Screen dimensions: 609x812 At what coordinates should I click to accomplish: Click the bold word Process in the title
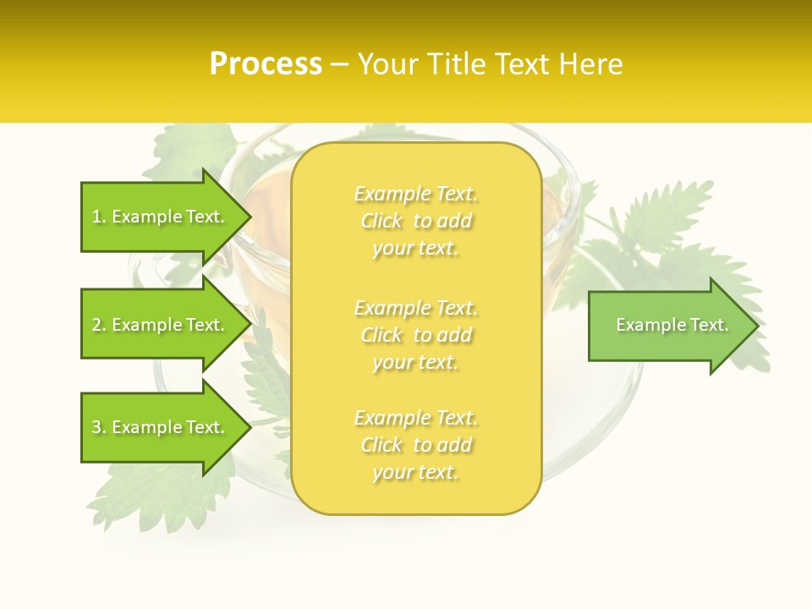click(x=266, y=64)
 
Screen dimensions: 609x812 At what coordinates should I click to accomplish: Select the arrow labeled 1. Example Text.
click(x=158, y=217)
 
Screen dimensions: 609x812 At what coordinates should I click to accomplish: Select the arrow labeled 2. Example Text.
click(x=158, y=325)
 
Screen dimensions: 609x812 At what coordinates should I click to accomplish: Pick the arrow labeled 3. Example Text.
click(x=158, y=427)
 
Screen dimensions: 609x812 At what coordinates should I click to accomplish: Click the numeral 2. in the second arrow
click(x=99, y=325)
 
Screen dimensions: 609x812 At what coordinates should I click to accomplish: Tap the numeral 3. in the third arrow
click(x=99, y=427)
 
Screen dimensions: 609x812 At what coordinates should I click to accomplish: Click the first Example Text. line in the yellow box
click(x=416, y=195)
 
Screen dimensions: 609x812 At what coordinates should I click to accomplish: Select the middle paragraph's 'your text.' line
click(x=415, y=362)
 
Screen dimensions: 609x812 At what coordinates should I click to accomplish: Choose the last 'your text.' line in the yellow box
click(x=415, y=472)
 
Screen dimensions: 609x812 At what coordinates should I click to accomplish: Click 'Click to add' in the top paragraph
click(x=416, y=222)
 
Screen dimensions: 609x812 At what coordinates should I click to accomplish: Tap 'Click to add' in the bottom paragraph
click(x=416, y=445)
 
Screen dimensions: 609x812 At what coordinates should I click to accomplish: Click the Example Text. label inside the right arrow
click(x=672, y=325)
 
